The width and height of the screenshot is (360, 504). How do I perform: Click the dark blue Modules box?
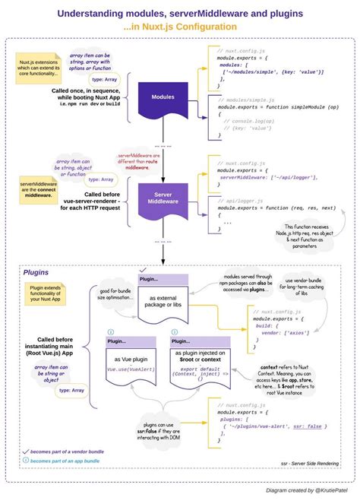tap(163, 97)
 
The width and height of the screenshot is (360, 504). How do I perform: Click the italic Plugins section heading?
tap(37, 271)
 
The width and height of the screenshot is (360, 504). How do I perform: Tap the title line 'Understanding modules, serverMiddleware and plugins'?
tap(180, 14)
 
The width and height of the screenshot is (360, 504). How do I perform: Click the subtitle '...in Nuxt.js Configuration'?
tap(179, 27)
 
